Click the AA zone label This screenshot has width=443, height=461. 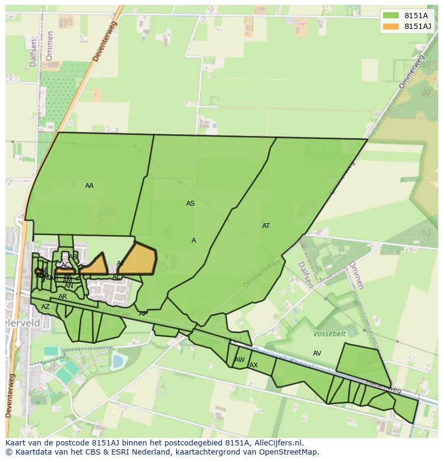point(89,186)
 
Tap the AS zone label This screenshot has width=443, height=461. point(190,203)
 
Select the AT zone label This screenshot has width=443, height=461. point(266,226)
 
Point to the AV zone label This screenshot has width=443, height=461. point(317,353)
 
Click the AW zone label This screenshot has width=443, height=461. point(240,360)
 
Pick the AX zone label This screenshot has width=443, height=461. point(254,365)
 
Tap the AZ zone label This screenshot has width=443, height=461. point(45,307)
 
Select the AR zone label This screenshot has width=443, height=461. point(63,297)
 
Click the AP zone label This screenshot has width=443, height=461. point(143,314)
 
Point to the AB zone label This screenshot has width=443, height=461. point(73,257)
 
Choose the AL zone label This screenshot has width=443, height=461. point(116,277)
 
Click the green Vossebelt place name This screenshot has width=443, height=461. point(330,334)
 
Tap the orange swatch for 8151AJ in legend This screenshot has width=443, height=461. point(391,26)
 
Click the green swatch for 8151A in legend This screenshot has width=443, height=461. point(391,16)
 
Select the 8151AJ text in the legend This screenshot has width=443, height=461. point(417,26)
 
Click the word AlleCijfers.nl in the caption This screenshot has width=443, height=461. point(278,443)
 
